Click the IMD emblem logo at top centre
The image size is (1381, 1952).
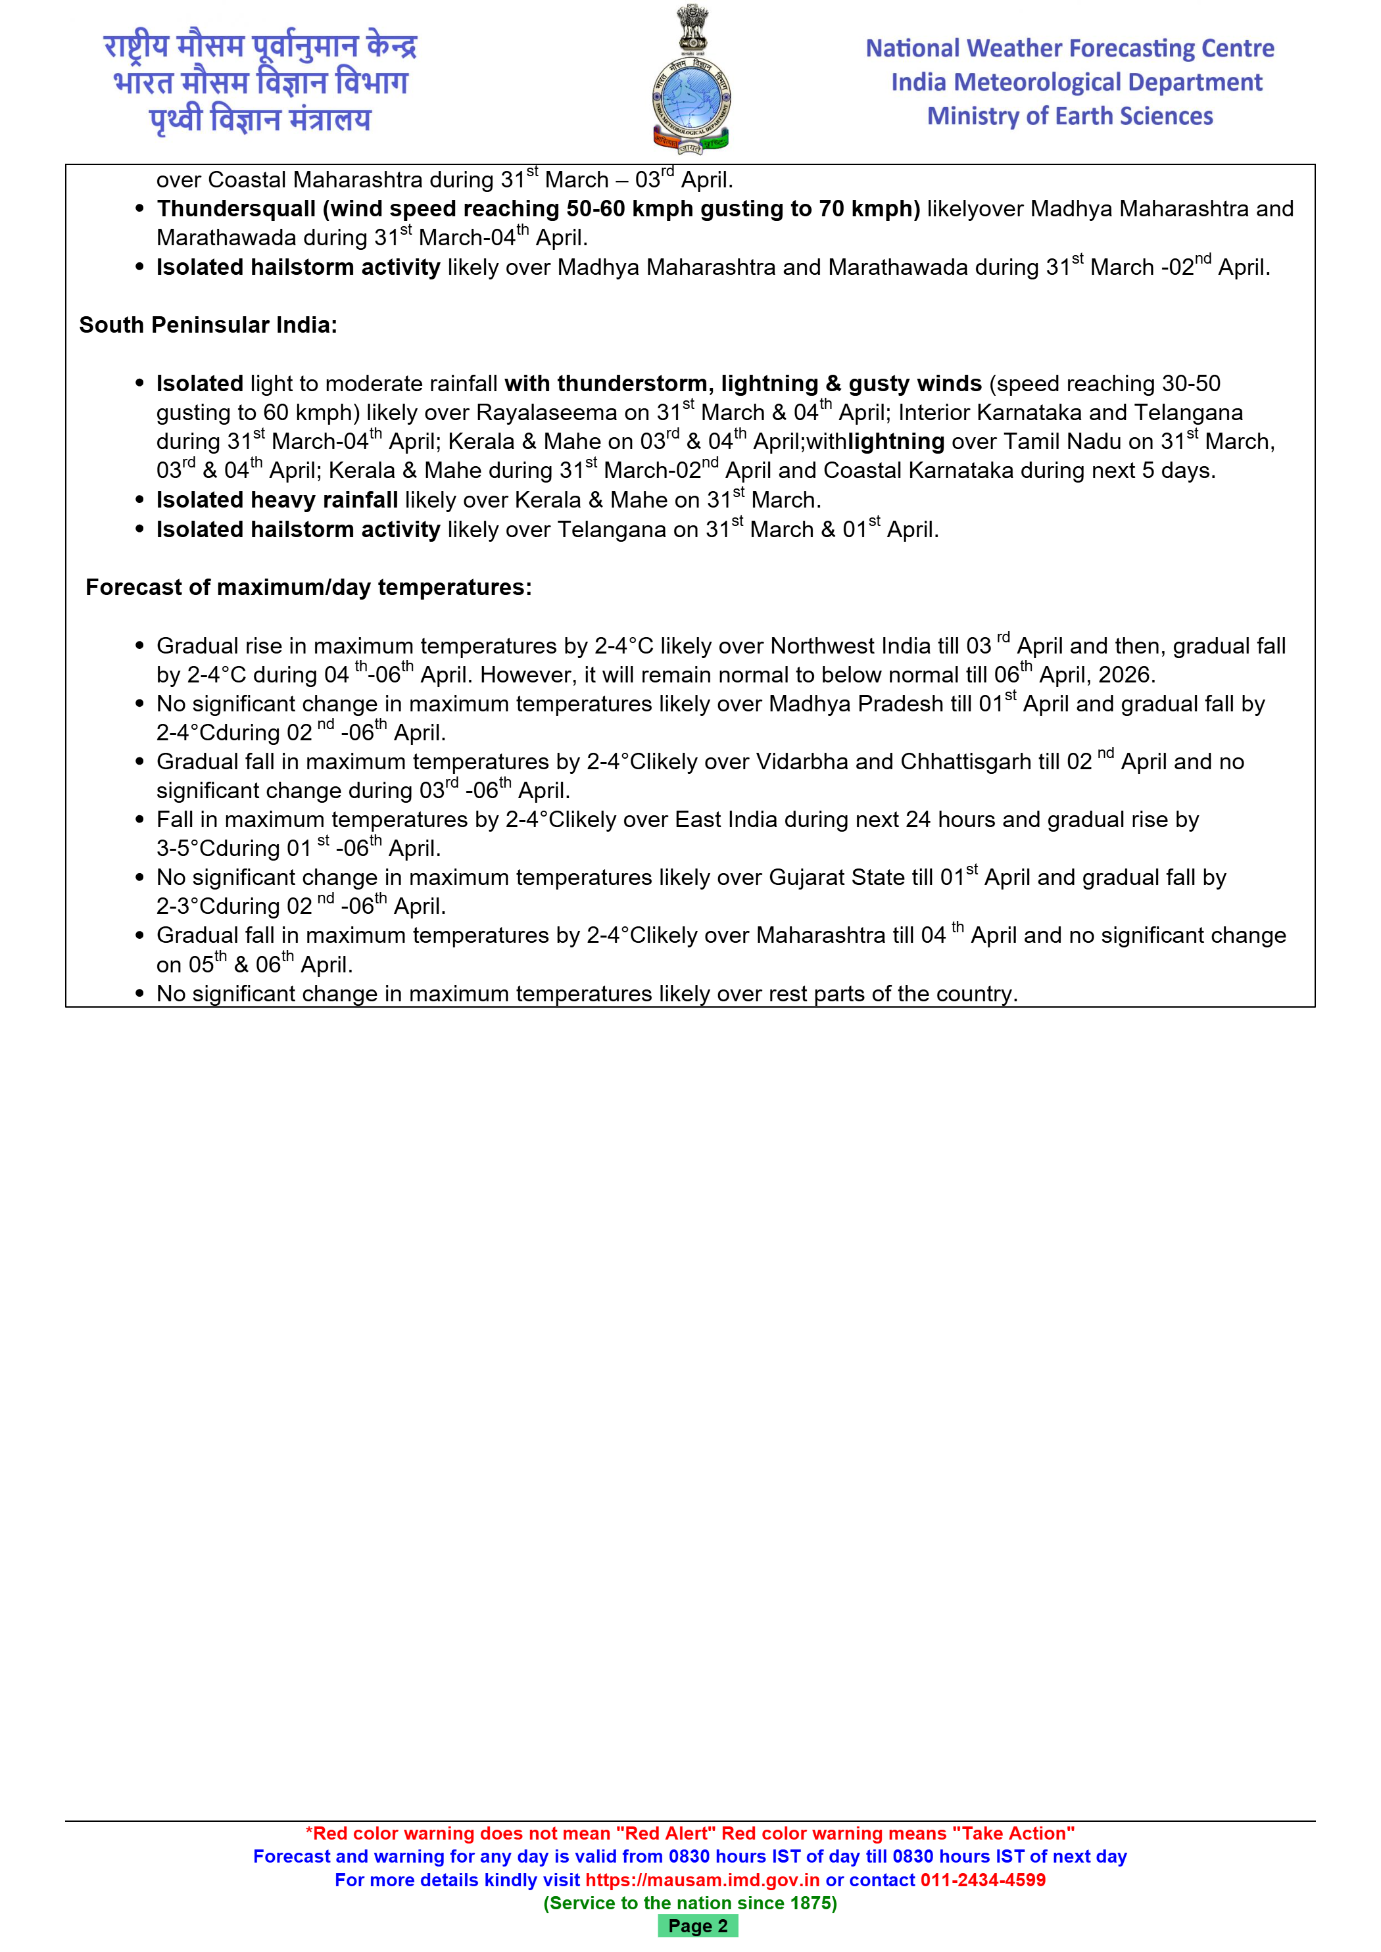pyautogui.click(x=690, y=81)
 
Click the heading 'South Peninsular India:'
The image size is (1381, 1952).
pyautogui.click(x=208, y=325)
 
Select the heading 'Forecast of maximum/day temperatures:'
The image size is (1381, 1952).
pyautogui.click(x=308, y=588)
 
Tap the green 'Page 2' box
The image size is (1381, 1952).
pyautogui.click(x=697, y=1926)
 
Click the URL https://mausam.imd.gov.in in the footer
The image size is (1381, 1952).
pyautogui.click(x=702, y=1880)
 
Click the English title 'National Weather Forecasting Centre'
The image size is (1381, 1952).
pyautogui.click(x=1070, y=49)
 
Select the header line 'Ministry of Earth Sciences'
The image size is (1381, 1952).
pyautogui.click(x=1070, y=116)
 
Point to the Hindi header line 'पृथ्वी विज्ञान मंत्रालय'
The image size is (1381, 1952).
pyautogui.click(x=260, y=119)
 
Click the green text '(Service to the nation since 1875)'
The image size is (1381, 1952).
pyautogui.click(x=690, y=1903)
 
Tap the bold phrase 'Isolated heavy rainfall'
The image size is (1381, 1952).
pyautogui.click(x=278, y=500)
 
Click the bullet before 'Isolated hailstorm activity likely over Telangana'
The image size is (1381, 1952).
pyautogui.click(x=139, y=530)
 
